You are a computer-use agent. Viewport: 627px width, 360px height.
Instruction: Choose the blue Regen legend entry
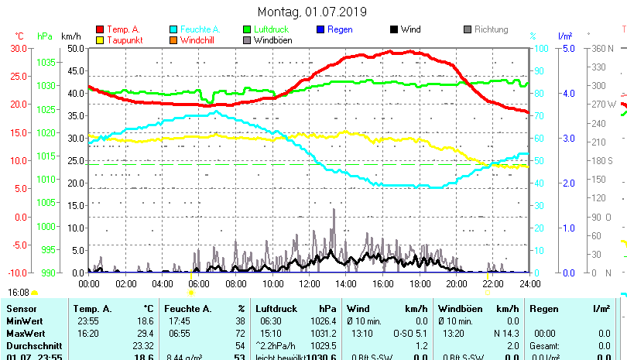[x=340, y=29]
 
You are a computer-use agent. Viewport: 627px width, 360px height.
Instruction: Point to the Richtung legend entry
[x=491, y=29]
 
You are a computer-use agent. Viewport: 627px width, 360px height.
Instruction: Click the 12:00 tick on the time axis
[x=310, y=284]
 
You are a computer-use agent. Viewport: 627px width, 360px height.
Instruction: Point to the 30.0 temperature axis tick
[x=19, y=48]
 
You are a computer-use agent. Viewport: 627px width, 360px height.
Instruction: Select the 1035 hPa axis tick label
[x=46, y=62]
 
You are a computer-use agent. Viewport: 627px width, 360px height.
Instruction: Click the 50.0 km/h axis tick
[x=75, y=48]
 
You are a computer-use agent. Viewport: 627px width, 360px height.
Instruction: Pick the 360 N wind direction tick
[x=602, y=48]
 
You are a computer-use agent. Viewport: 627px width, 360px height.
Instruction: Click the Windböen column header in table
[x=457, y=308]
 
